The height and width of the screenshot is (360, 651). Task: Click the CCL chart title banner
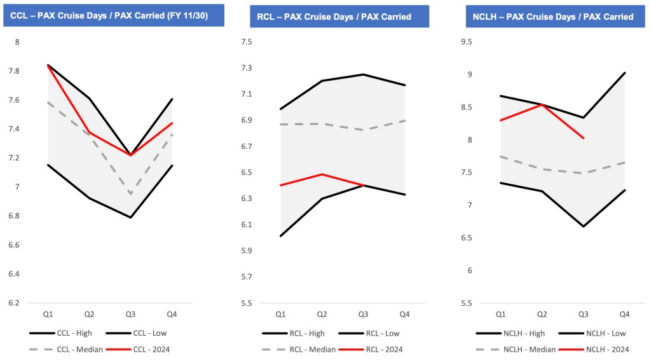109,16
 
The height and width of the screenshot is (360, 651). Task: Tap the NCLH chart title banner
552,16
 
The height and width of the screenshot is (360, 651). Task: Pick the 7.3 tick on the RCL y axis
246,68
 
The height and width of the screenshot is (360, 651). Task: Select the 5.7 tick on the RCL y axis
246,277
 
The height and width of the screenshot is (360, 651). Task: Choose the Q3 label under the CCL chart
132,314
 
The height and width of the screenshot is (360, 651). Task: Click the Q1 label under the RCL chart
280,314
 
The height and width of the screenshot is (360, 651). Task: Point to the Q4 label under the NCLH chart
625,314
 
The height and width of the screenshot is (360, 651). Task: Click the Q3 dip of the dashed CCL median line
132,194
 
